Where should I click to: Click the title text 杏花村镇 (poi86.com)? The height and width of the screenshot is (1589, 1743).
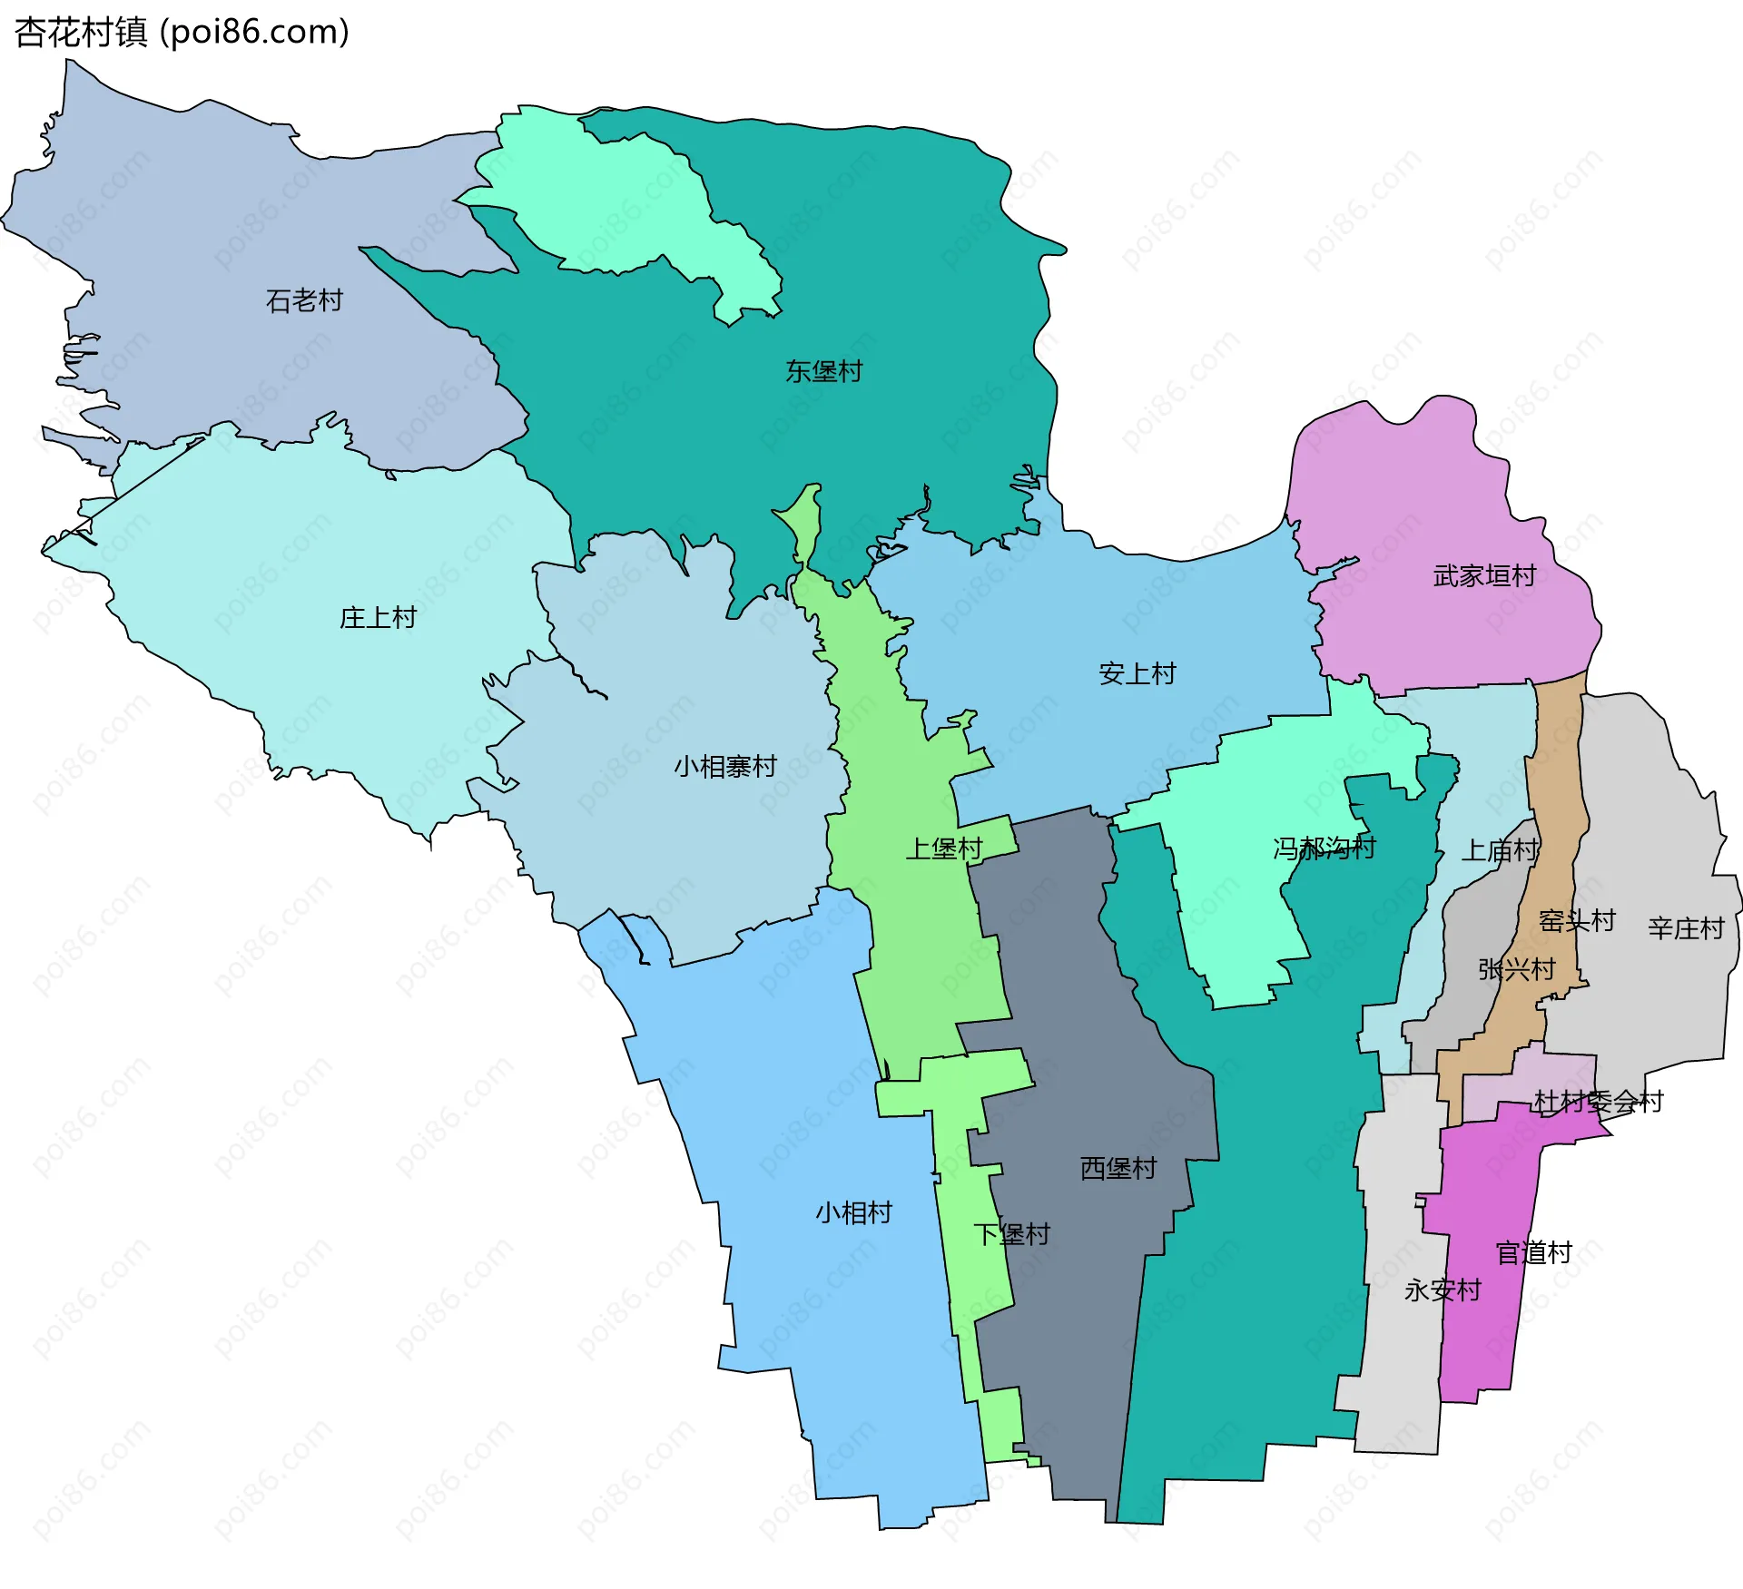pos(182,33)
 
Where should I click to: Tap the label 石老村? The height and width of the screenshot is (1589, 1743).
pos(304,300)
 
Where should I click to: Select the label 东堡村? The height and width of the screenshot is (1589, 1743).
pos(823,371)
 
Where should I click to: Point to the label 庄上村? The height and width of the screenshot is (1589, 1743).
pos(378,618)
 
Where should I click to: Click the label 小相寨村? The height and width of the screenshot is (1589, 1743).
pos(724,767)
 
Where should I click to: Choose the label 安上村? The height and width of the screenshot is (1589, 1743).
pos(1137,673)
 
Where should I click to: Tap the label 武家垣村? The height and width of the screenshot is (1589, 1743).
pos(1484,575)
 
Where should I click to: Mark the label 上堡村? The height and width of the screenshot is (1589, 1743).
pos(944,848)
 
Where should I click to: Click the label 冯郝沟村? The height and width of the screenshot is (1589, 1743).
pos(1324,848)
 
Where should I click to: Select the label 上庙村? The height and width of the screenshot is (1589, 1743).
pos(1499,850)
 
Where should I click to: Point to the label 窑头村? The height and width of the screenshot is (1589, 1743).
pos(1577,921)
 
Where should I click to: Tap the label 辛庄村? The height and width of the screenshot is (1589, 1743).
pos(1686,928)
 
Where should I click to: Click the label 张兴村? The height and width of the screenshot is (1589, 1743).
pos(1516,969)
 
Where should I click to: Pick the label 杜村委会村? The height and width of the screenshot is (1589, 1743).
pos(1598,1102)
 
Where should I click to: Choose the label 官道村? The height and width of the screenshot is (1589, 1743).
pos(1533,1253)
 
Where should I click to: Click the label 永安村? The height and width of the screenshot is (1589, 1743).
pos(1443,1290)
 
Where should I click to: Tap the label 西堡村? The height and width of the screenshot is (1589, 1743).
pos(1118,1168)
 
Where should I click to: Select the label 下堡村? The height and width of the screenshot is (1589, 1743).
pos(1011,1234)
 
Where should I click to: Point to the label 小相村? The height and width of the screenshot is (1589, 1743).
pos(853,1212)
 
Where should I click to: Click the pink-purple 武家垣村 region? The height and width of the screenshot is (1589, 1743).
pos(1416,490)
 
